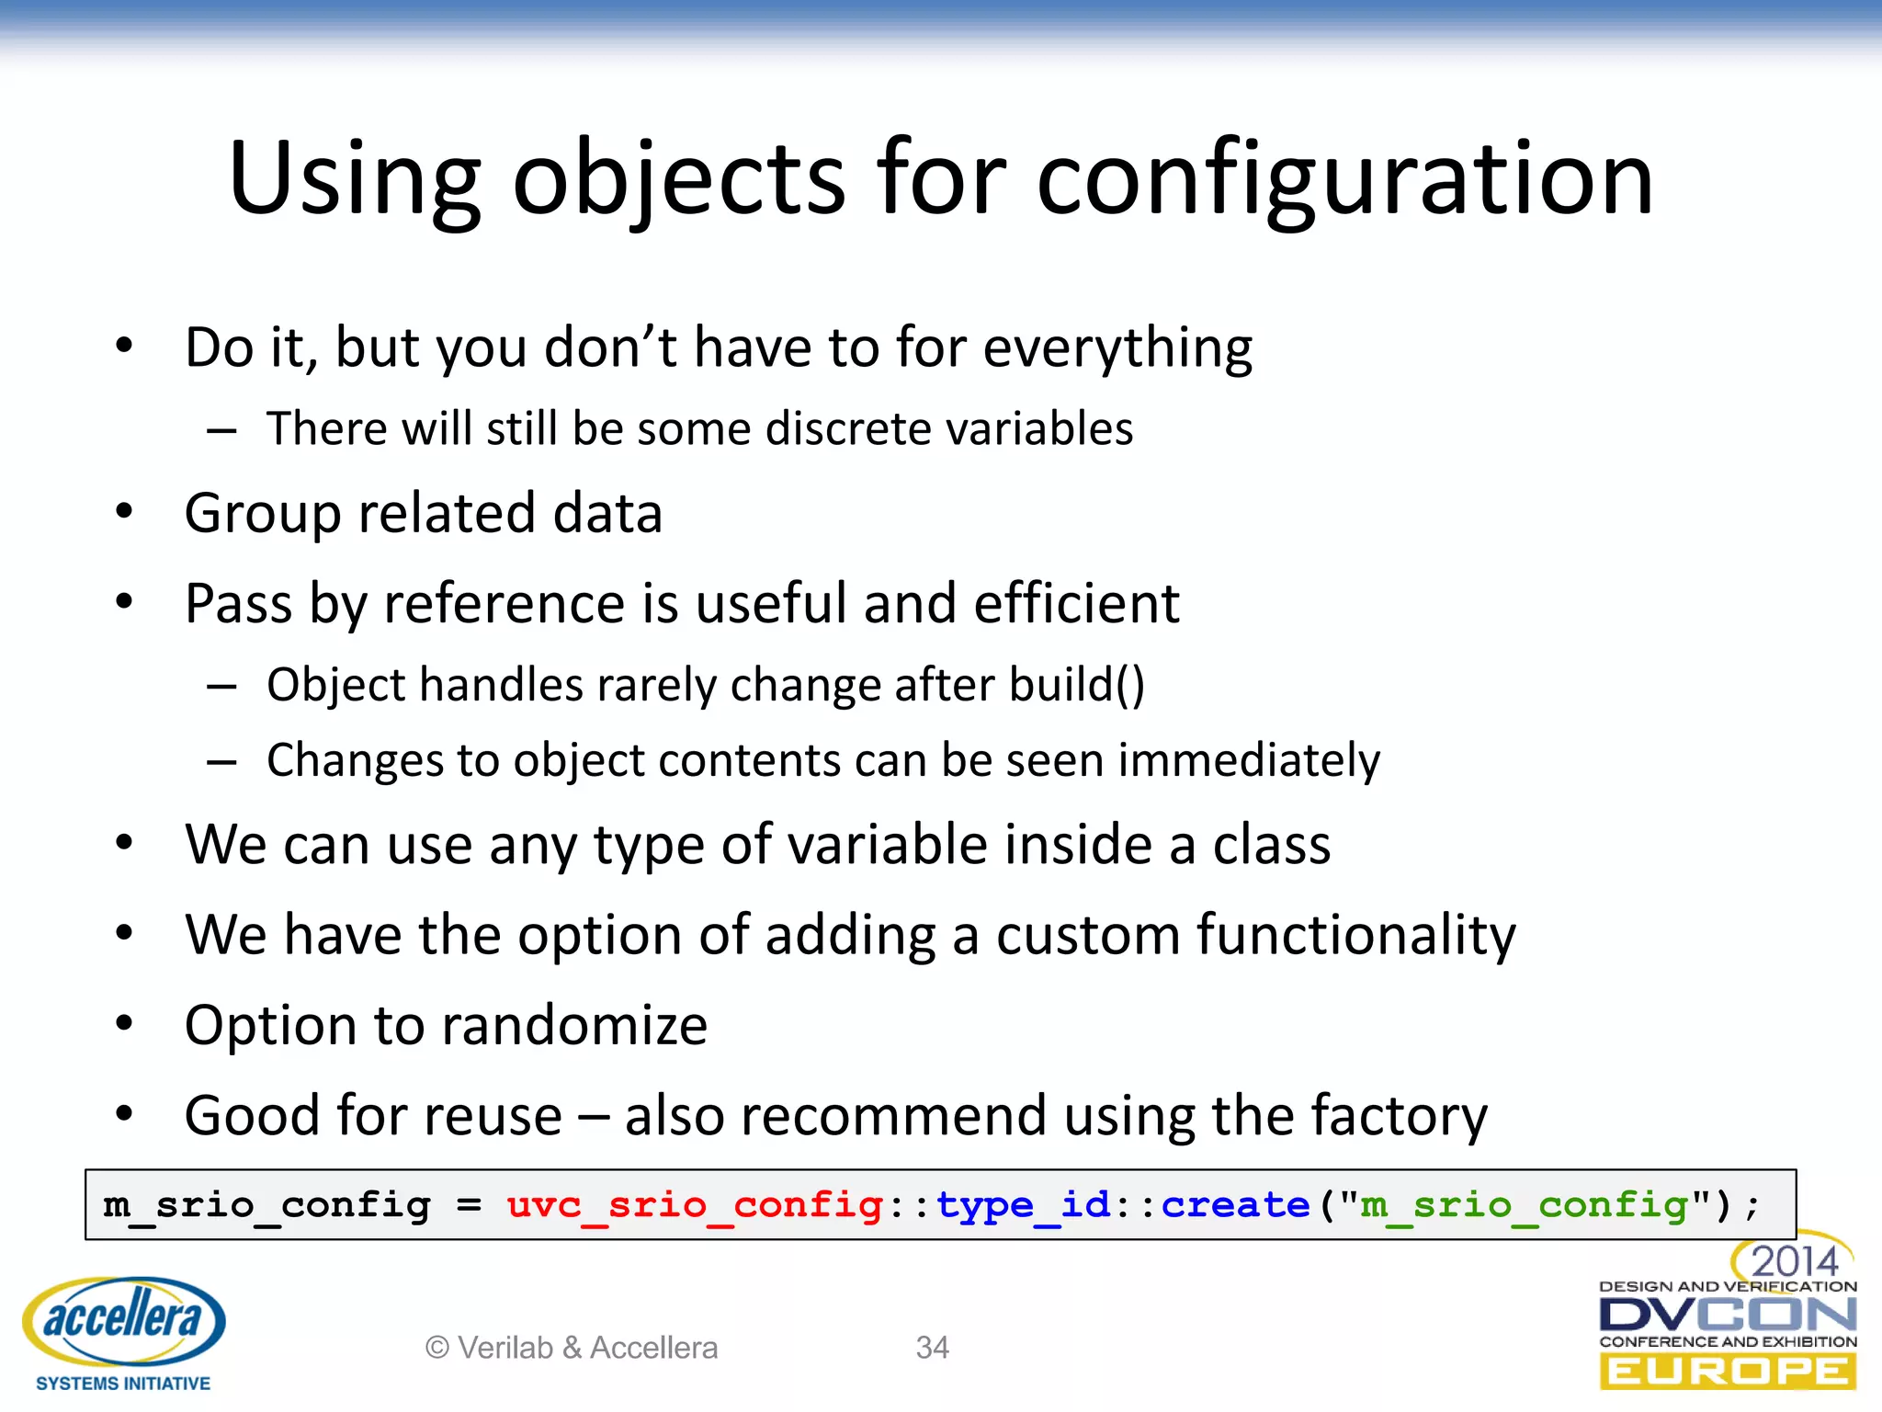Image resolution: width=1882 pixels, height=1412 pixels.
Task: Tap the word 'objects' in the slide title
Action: coord(678,179)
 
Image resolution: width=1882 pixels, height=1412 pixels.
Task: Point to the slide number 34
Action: coord(932,1348)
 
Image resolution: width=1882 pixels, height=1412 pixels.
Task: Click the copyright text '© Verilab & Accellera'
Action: coord(571,1348)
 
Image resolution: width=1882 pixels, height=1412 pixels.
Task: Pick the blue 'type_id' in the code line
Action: coord(1023,1205)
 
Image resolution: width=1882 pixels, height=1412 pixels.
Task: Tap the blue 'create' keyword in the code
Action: coord(1235,1205)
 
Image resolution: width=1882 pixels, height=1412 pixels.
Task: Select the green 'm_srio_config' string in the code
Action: coord(1524,1205)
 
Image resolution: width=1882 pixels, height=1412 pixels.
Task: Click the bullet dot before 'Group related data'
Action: coord(124,512)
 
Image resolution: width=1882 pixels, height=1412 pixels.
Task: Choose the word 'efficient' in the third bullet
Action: coord(1076,604)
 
